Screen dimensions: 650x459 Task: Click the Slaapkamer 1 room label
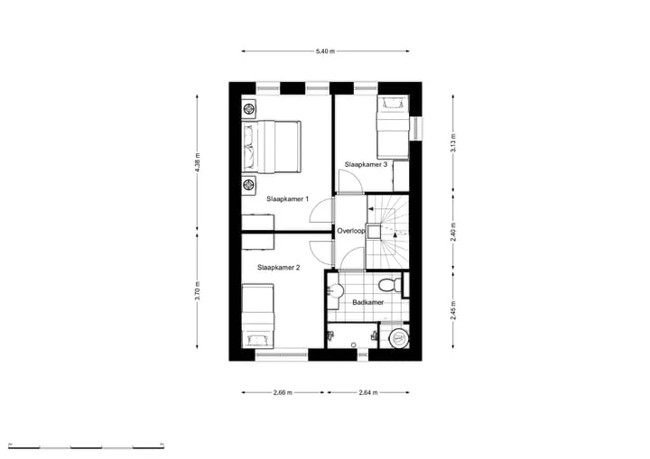(x=287, y=199)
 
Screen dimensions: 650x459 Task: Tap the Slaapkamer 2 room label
(x=278, y=268)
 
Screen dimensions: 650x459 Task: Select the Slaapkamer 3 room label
(x=366, y=164)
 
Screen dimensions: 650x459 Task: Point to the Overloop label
(x=350, y=231)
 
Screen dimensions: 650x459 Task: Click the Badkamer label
(x=367, y=302)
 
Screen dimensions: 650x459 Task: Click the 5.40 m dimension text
(x=325, y=51)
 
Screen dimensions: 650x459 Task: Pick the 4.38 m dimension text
(x=198, y=162)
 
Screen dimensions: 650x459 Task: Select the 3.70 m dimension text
(x=198, y=290)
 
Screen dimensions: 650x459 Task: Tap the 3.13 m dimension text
(x=453, y=142)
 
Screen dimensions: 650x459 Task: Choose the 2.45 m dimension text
(x=453, y=310)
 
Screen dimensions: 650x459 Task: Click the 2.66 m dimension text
(x=283, y=392)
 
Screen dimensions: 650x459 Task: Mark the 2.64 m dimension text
(x=368, y=392)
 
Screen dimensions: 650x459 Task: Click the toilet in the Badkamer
(x=390, y=285)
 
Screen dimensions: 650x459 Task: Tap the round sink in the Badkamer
(x=335, y=290)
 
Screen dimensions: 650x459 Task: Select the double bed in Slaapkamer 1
(x=271, y=146)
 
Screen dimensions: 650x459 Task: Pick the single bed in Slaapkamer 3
(x=393, y=127)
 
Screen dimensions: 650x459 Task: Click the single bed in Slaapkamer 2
(x=258, y=316)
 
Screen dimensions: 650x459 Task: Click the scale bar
(x=87, y=446)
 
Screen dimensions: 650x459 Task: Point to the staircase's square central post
(x=374, y=232)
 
